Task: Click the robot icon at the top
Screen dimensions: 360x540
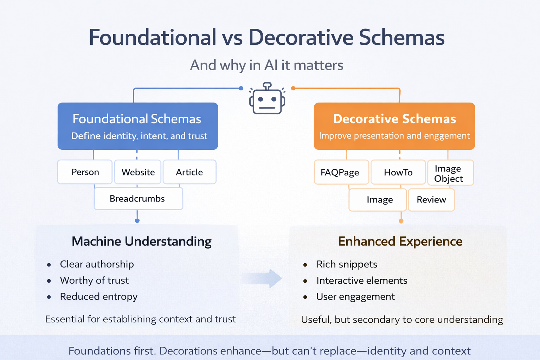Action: click(267, 99)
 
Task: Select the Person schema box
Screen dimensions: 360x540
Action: click(85, 172)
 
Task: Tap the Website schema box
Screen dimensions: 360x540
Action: click(138, 172)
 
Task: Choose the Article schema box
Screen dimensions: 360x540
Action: click(189, 172)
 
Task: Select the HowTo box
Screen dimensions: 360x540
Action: click(398, 172)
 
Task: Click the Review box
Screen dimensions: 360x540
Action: click(431, 200)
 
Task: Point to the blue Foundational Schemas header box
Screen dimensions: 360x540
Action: click(138, 126)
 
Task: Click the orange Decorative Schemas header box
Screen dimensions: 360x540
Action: click(394, 126)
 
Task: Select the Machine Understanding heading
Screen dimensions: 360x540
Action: click(141, 242)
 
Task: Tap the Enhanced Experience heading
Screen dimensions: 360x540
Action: click(400, 242)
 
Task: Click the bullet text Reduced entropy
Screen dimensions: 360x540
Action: click(98, 297)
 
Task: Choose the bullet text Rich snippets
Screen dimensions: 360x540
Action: click(347, 264)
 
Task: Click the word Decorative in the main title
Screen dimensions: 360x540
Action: click(301, 37)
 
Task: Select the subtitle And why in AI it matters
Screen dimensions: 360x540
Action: click(266, 65)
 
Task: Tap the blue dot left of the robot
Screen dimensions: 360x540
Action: click(241, 88)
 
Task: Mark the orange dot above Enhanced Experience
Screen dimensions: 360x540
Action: click(401, 221)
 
